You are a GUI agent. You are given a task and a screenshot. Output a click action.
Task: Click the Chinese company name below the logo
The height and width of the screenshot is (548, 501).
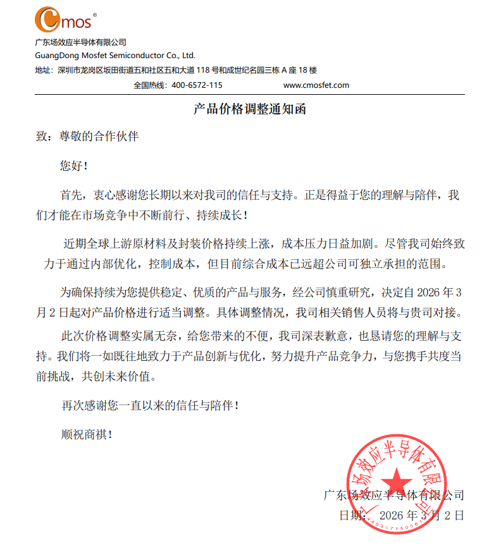[x=80, y=42]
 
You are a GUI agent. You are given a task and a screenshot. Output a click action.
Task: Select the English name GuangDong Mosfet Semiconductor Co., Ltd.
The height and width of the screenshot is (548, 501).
[x=114, y=56]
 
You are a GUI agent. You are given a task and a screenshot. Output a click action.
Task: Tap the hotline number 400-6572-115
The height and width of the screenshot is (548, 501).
[x=197, y=85]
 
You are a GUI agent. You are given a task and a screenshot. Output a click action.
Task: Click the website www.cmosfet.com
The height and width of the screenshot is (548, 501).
[x=316, y=85]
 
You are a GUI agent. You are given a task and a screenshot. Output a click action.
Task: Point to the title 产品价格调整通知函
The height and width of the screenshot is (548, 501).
[x=250, y=109]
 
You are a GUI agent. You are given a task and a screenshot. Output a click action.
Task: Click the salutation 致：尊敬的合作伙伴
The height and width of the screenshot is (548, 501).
[x=87, y=137]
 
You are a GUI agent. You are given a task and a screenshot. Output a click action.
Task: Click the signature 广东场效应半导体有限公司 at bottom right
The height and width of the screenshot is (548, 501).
[x=393, y=494]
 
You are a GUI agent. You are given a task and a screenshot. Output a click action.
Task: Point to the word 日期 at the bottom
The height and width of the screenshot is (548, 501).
[x=352, y=516]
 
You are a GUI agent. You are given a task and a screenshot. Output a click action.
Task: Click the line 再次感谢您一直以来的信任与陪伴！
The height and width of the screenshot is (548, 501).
[x=150, y=405]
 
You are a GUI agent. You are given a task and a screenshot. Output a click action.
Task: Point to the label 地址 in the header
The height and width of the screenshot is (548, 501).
[x=43, y=70]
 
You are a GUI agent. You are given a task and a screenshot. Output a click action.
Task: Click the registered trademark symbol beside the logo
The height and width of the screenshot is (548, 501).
[x=95, y=14]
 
